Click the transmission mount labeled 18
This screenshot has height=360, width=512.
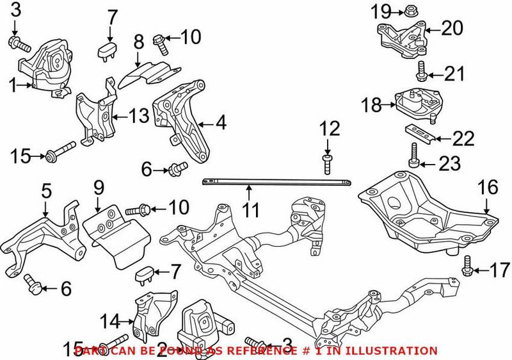417,102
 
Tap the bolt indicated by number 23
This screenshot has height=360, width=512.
413,154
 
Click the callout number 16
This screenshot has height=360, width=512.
488,188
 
